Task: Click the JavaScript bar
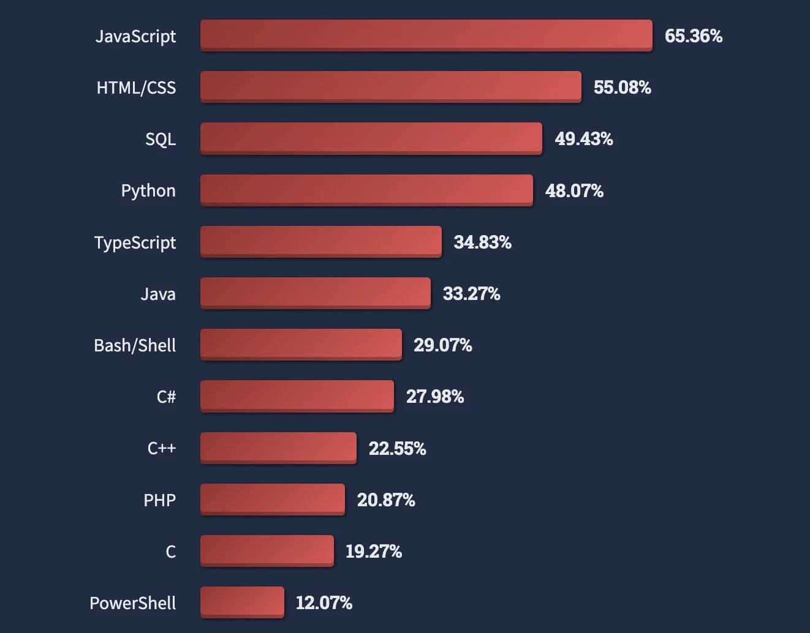(x=426, y=35)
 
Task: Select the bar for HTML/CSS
(x=390, y=86)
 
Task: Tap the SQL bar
(x=371, y=138)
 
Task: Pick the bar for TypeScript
(x=320, y=241)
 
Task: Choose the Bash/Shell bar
(x=301, y=344)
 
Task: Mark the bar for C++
(x=278, y=448)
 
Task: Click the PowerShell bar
(x=242, y=602)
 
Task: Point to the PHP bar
(x=272, y=499)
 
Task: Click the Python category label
(x=148, y=191)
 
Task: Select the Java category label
(x=158, y=294)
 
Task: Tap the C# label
(x=166, y=397)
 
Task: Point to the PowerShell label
(x=133, y=603)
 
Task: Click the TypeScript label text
(x=135, y=243)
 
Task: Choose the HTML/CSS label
(x=136, y=88)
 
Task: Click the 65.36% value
(x=694, y=36)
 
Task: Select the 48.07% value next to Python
(x=574, y=191)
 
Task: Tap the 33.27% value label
(x=471, y=294)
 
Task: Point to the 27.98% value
(x=435, y=397)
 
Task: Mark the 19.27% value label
(x=374, y=552)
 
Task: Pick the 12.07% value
(x=324, y=603)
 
